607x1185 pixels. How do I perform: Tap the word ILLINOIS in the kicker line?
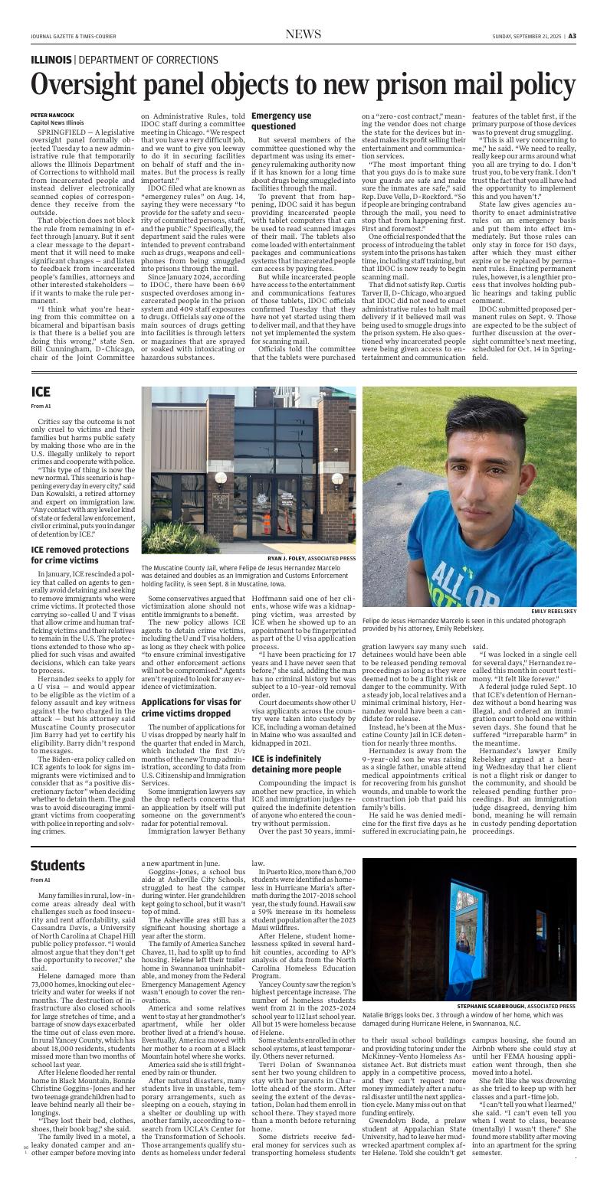click(51, 60)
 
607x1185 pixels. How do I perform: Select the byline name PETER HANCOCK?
click(51, 115)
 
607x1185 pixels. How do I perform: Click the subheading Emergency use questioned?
click(281, 121)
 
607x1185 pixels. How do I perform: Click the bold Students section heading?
click(57, 866)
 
